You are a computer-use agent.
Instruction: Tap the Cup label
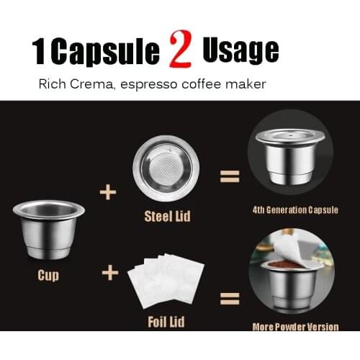pos(48,275)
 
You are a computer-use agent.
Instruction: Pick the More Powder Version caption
pos(295,326)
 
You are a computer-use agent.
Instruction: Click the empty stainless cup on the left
pos(49,229)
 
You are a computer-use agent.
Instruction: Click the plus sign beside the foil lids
pos(110,273)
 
